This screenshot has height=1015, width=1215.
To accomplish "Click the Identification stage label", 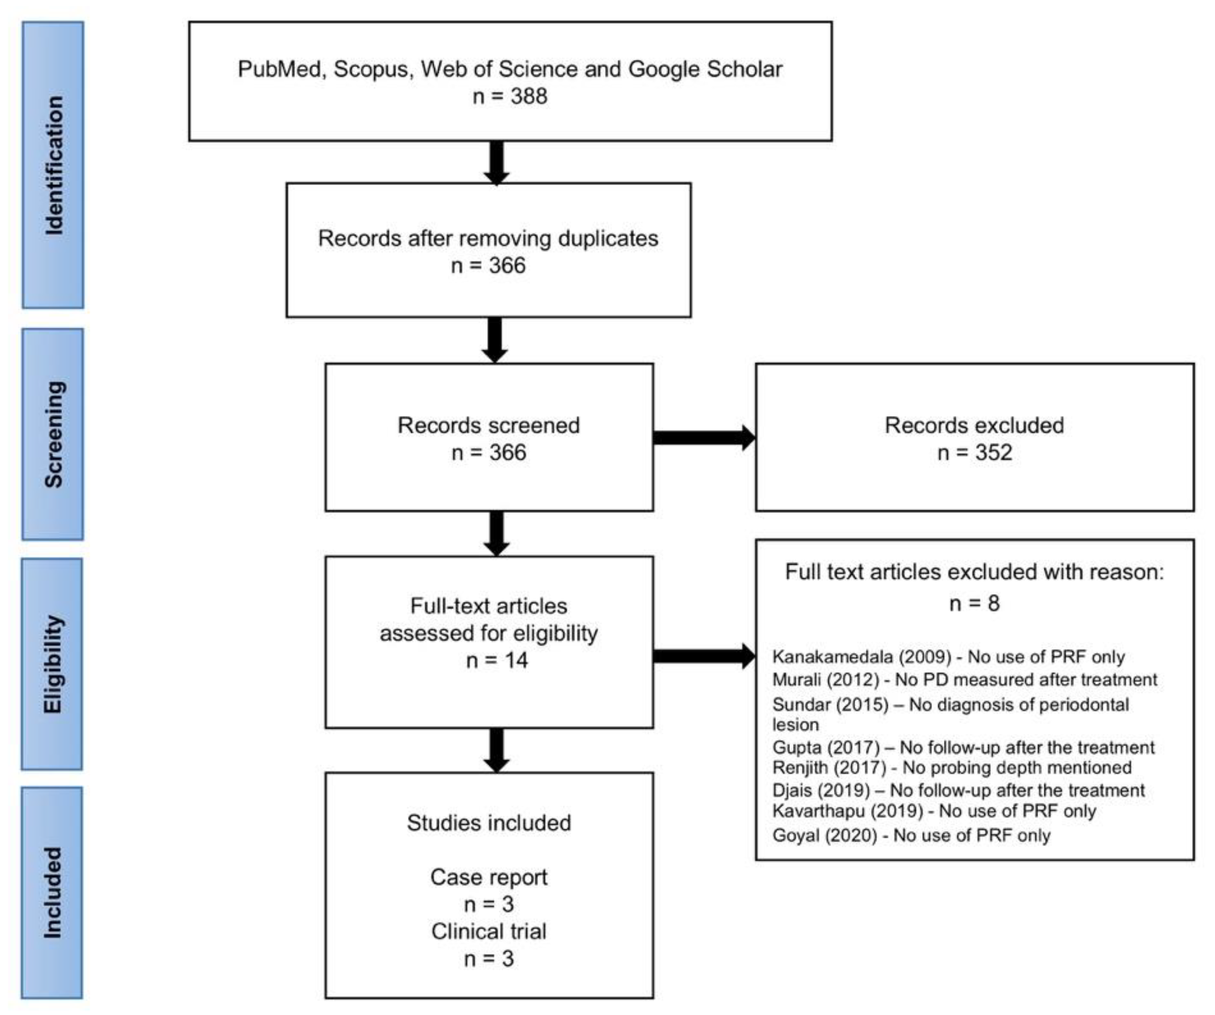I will [53, 165].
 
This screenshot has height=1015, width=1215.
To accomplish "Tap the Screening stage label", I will [53, 434].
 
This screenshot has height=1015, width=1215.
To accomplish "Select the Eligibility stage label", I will [53, 664].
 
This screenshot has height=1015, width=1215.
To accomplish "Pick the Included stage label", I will [53, 892].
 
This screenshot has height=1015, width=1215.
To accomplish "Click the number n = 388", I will [510, 96].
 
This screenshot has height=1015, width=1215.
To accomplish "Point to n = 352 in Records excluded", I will [975, 452].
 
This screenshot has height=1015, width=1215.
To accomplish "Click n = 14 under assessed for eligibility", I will [496, 660].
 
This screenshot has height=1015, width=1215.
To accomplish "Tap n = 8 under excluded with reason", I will [975, 604].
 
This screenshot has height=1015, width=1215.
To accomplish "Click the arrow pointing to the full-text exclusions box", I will [704, 656].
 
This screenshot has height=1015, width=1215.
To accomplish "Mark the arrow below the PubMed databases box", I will [496, 163].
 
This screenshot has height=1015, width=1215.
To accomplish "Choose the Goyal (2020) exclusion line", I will [911, 836].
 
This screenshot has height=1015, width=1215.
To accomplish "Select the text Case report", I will [488, 877].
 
